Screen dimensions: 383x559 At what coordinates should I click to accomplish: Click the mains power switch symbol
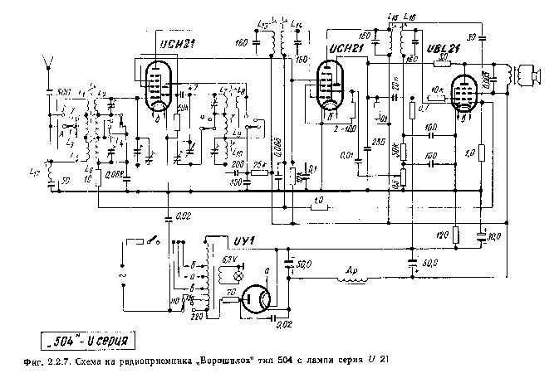pos(154,242)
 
